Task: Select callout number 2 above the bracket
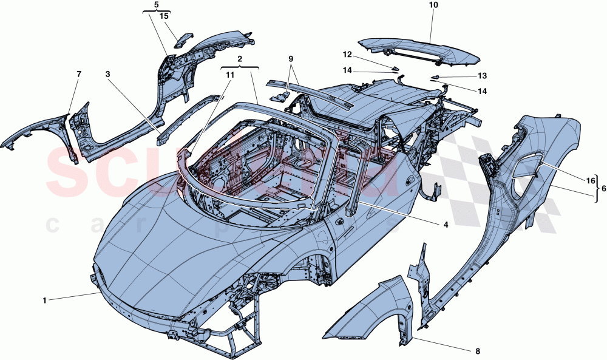[x=240, y=59]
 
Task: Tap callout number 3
[x=107, y=75]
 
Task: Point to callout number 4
[x=446, y=224]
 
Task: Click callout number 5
[x=156, y=5]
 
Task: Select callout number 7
[x=78, y=74]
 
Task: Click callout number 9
[x=290, y=59]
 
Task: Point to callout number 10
[x=433, y=5]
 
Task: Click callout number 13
[x=483, y=76]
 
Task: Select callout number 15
[x=164, y=16]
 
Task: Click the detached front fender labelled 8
[x=364, y=307]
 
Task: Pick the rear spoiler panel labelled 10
[x=419, y=52]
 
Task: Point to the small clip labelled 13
[x=435, y=78]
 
